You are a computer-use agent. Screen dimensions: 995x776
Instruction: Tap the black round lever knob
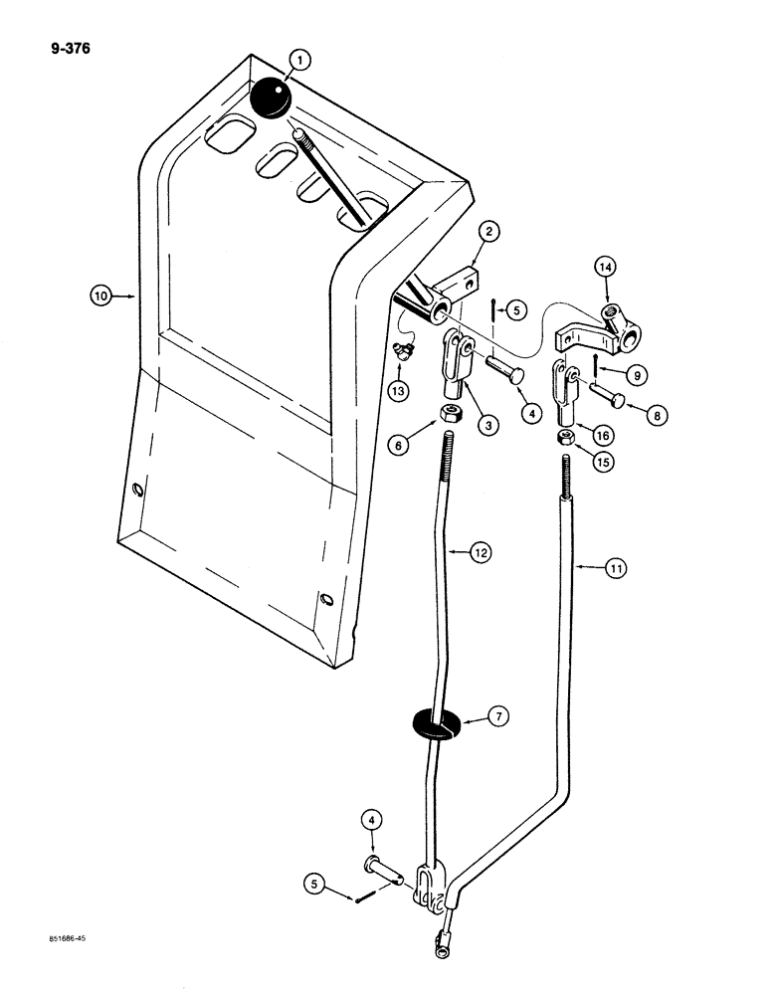point(268,99)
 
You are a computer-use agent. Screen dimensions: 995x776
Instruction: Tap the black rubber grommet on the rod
point(439,722)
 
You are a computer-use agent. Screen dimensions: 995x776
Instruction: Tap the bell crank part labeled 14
point(602,328)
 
